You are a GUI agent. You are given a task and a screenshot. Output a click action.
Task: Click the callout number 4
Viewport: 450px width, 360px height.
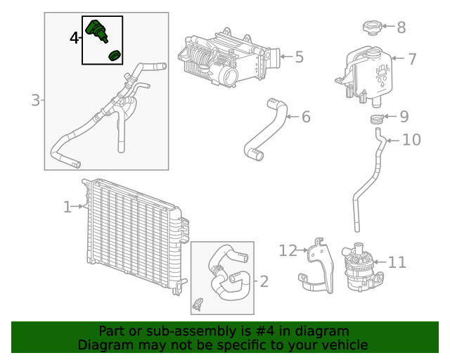(75, 37)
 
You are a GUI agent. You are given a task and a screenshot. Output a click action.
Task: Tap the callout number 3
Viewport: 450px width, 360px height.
(35, 101)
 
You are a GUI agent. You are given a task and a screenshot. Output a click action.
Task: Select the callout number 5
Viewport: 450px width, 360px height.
(299, 57)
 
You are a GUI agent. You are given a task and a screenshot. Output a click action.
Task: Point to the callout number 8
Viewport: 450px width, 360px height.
(401, 27)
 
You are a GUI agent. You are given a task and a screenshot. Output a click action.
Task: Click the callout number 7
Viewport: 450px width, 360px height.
(413, 59)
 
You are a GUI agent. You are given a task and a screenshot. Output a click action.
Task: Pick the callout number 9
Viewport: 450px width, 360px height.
(404, 117)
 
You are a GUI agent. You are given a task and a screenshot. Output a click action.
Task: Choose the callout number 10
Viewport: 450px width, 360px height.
(411, 140)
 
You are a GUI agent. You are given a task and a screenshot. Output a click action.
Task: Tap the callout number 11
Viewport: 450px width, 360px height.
(397, 263)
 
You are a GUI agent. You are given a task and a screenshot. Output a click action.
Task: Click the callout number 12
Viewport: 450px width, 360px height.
(288, 250)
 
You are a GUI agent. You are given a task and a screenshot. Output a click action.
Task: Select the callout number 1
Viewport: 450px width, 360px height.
(67, 207)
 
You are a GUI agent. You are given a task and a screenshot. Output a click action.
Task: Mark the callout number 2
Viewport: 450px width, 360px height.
(264, 282)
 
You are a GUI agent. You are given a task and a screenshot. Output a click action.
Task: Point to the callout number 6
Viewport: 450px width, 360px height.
(306, 117)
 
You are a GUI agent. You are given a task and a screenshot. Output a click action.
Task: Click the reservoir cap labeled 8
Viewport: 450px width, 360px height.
(371, 28)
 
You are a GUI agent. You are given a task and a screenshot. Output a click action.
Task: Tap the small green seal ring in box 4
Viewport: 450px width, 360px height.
(115, 56)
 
